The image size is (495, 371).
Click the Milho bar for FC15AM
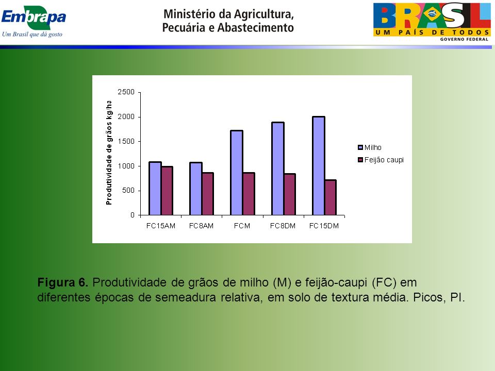pos(155,189)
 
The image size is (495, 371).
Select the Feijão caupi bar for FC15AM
pos(167,191)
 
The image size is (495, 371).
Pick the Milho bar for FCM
pos(237,173)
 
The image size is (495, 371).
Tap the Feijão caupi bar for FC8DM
pos(290,194)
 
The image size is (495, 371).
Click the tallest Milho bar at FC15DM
pos(319,166)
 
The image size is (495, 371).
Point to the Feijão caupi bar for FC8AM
pos(208,194)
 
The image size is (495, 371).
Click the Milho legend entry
pos(370,147)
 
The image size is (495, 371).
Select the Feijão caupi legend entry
pos(381,160)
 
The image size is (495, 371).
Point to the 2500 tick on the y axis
pos(126,92)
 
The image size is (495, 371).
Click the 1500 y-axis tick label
pos(126,141)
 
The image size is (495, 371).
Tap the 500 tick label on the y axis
pos(128,190)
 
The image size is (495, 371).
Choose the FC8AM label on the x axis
pos(201,226)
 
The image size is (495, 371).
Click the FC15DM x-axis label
pos(324,226)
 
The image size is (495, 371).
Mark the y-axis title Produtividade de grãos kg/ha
pos(109,153)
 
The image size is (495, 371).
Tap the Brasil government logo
pos(432,22)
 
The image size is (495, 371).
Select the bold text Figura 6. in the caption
pos(63,282)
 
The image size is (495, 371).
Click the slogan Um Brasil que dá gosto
pos(32,34)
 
